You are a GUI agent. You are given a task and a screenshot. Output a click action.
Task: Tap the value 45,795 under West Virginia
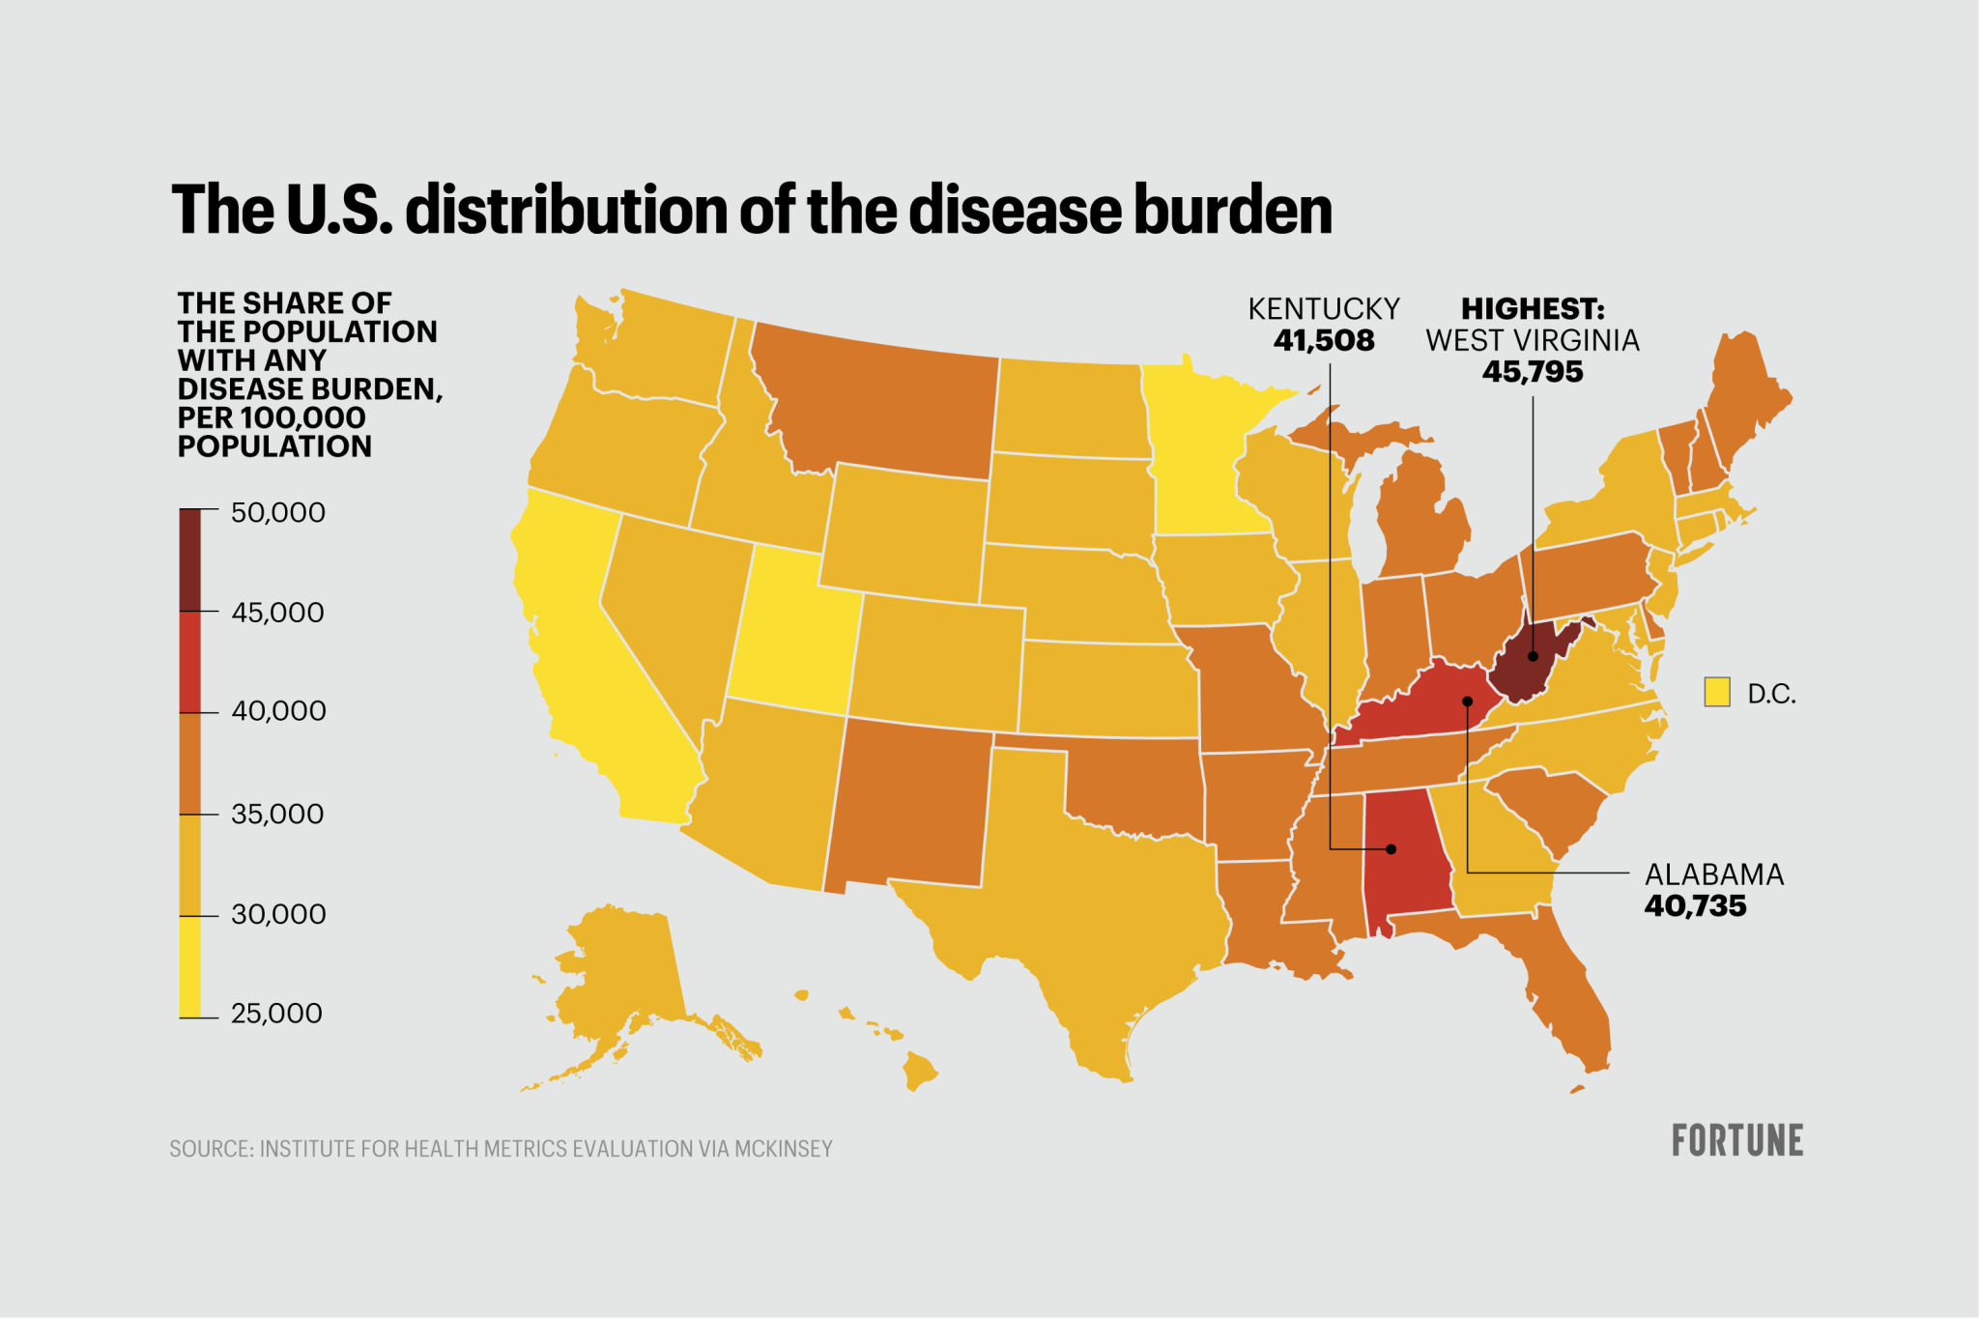point(1533,372)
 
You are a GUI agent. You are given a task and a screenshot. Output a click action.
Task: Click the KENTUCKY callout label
point(1324,309)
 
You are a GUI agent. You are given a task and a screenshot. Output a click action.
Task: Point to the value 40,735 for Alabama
point(1695,906)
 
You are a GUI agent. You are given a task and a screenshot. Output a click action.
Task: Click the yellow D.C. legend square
point(1716,692)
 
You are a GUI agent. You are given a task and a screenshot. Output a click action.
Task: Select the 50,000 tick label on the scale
point(278,513)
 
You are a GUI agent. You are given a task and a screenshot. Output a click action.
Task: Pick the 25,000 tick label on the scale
point(276,1014)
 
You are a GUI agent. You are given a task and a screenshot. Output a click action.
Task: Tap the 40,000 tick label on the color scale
point(278,711)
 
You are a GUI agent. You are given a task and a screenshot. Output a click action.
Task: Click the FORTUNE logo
point(1736,1141)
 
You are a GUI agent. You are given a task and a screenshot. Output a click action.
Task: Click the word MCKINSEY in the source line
point(783,1149)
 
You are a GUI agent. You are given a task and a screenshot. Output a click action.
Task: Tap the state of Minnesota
point(1198,454)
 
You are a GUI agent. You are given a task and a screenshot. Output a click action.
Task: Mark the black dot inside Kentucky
point(1467,702)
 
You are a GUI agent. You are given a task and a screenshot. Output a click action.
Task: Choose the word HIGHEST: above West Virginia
point(1533,309)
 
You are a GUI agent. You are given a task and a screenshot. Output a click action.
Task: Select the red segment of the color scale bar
point(190,662)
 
